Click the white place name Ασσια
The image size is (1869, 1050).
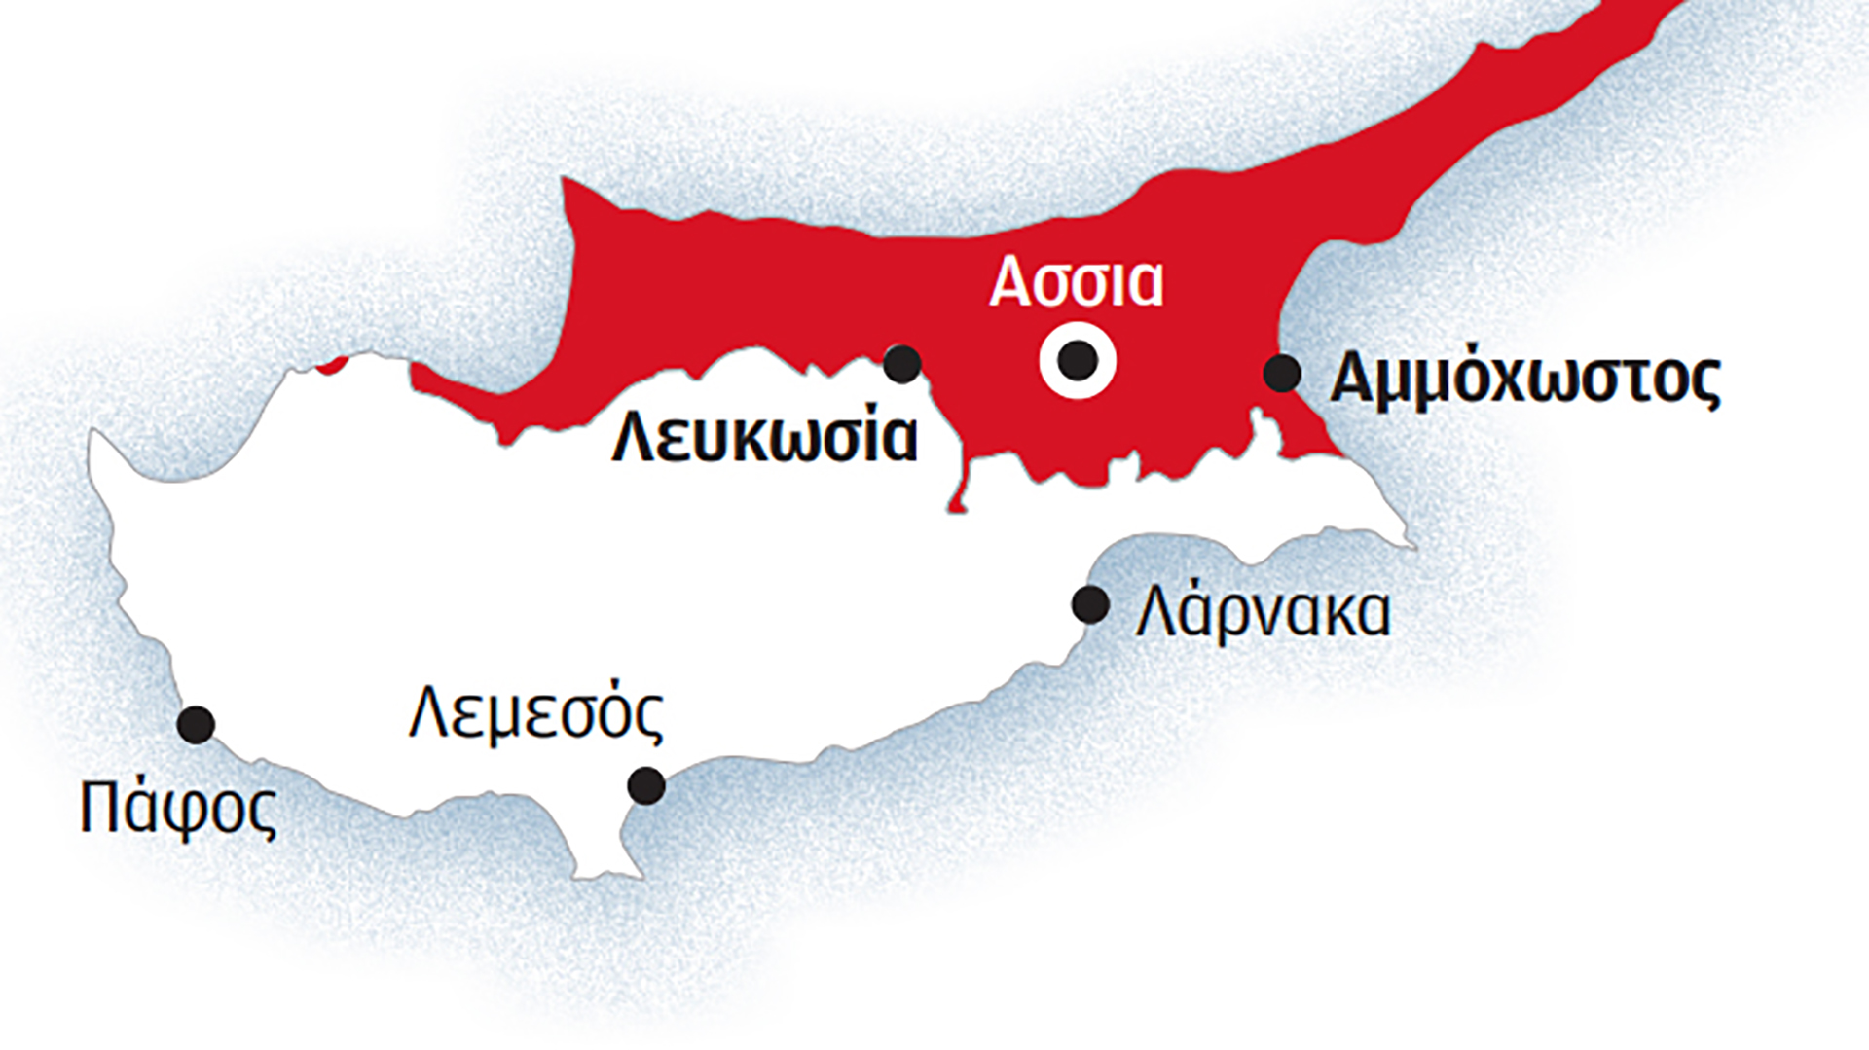1076,282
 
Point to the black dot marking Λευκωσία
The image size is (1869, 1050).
902,364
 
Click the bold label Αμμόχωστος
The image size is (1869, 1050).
1524,379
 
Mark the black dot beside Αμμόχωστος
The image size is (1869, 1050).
1282,374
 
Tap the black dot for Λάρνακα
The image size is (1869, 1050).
1090,604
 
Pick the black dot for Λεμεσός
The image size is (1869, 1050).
646,784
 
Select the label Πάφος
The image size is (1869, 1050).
178,808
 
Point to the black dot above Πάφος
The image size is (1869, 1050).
196,724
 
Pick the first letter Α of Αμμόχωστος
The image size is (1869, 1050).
1356,379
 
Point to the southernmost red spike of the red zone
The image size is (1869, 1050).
958,506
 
